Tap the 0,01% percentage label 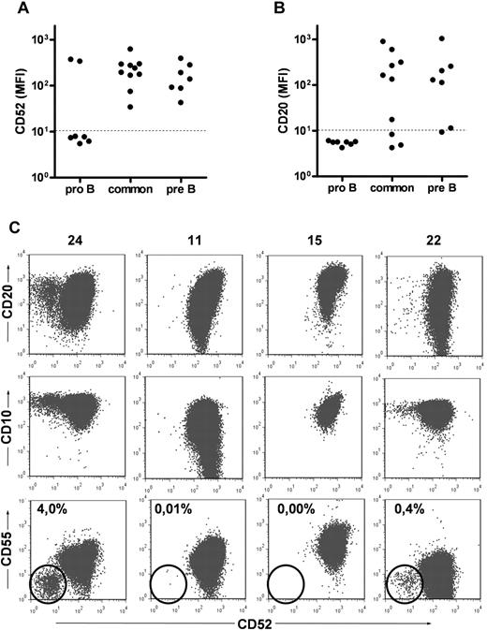[170, 510]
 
